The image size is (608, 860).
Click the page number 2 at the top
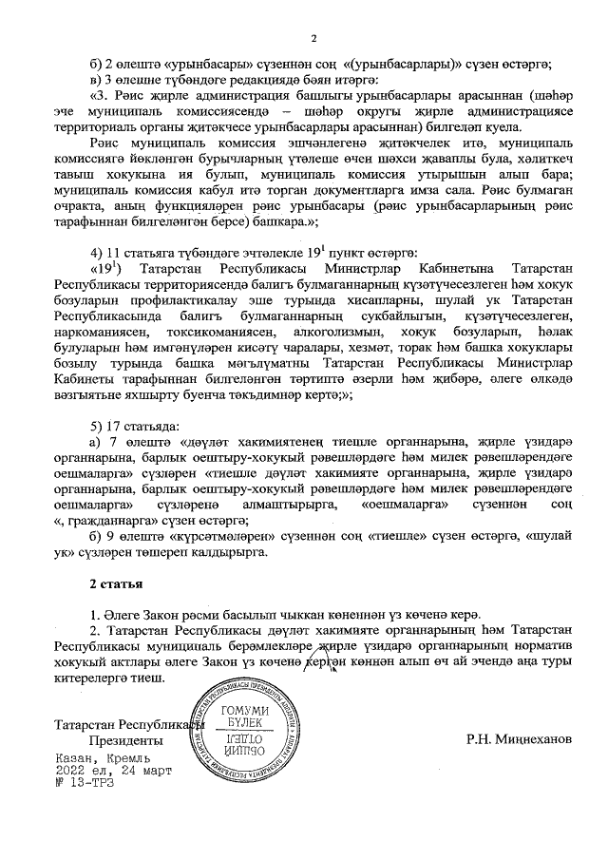(312, 37)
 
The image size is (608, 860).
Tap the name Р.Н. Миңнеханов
(520, 738)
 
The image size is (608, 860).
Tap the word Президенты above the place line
(124, 739)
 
